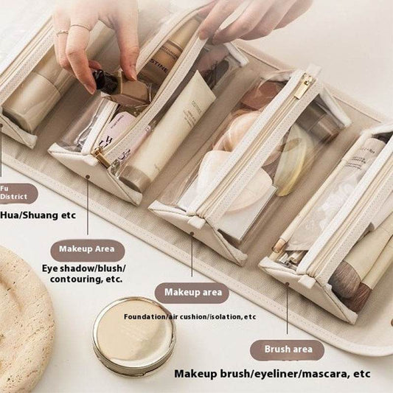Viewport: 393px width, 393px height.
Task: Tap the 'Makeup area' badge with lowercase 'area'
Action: pos(192,293)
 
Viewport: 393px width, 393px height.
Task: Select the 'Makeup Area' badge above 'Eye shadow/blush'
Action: pos(87,251)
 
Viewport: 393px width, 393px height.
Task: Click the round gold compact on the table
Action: pos(133,336)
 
